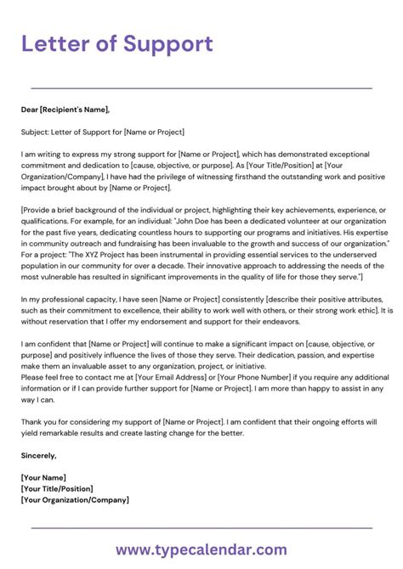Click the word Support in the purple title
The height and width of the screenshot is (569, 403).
point(167,43)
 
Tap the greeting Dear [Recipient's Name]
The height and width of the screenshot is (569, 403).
point(65,109)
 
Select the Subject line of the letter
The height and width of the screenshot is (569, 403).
point(103,132)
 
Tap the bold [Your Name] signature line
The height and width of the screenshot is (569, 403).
point(43,477)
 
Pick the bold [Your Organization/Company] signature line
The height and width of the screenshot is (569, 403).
point(76,499)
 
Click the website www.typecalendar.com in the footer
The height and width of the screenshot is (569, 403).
point(201,550)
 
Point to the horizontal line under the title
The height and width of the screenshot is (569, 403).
point(201,87)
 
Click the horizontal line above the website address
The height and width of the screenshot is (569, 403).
point(201,529)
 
